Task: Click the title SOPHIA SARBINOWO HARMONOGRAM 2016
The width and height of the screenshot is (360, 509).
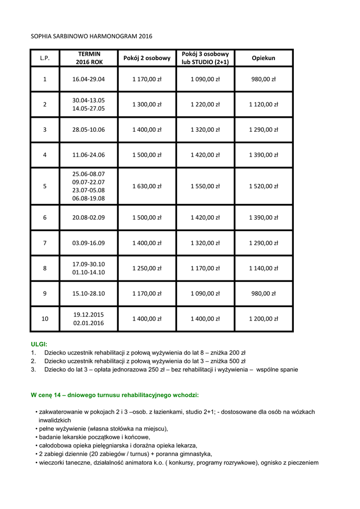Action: pyautogui.click(x=91, y=36)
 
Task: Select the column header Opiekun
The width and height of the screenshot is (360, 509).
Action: pyautogui.click(x=263, y=58)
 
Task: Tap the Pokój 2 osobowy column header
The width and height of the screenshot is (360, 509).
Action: pyautogui.click(x=147, y=58)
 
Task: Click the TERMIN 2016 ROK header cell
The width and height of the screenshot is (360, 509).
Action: pyautogui.click(x=89, y=58)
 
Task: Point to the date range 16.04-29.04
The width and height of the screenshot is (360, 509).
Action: pyautogui.click(x=89, y=79)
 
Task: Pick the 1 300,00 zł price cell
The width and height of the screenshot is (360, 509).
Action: pyautogui.click(x=147, y=104)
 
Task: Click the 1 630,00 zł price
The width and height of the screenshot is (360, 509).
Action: pyautogui.click(x=147, y=186)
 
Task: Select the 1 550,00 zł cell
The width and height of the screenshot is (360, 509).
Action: pyautogui.click(x=205, y=186)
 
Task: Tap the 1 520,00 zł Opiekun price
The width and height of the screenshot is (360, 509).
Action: pyautogui.click(x=263, y=186)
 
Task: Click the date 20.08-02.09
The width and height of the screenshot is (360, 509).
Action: pyautogui.click(x=89, y=217)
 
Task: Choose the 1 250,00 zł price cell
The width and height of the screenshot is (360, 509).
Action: pyautogui.click(x=147, y=268)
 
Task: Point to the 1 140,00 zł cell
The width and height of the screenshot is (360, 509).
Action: pyautogui.click(x=263, y=268)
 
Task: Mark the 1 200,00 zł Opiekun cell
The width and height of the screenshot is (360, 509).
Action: pyautogui.click(x=263, y=319)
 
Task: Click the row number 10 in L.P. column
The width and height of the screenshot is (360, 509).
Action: pyautogui.click(x=45, y=319)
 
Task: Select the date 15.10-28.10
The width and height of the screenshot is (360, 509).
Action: pyautogui.click(x=89, y=293)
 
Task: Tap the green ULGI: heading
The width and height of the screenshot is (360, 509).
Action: pyautogui.click(x=39, y=343)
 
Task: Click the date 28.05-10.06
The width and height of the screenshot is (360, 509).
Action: pyautogui.click(x=89, y=130)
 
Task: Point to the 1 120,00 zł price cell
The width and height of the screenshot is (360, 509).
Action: pyautogui.click(x=263, y=104)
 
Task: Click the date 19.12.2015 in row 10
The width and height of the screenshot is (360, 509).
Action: pyautogui.click(x=89, y=314)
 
